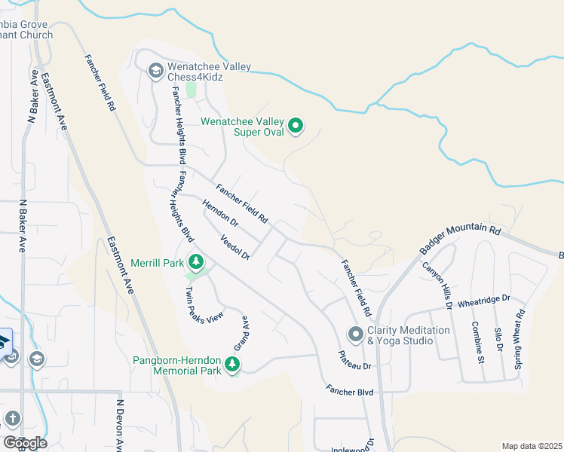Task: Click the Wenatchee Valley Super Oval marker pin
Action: pos(296,126)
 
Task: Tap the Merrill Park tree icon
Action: pos(196,263)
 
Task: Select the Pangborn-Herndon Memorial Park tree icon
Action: pos(233,365)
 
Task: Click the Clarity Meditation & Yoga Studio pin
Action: pos(355,334)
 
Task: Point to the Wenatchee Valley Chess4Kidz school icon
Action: pos(156,72)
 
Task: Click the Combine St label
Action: pos(478,343)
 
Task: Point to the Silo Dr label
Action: pos(498,339)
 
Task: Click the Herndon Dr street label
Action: pos(219,212)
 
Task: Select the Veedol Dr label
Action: pos(234,246)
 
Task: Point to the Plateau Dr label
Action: pos(354,360)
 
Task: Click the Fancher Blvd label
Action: pos(350,391)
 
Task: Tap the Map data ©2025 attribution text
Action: pos(532,446)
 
